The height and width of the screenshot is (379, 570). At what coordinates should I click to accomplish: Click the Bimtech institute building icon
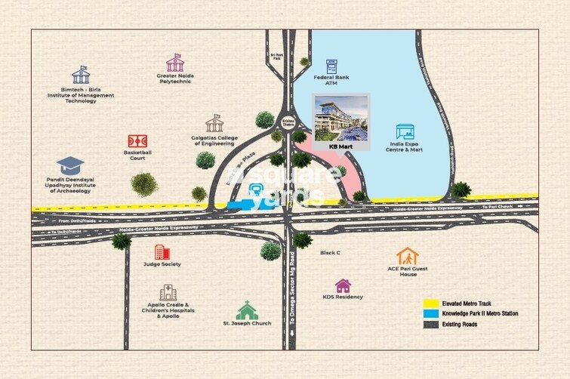pos(80,75)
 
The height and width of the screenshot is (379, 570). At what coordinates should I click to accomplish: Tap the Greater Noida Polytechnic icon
pos(175,62)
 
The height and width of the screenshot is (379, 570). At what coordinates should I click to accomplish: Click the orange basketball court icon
pos(137,140)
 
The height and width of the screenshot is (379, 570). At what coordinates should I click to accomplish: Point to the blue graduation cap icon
pos(71,165)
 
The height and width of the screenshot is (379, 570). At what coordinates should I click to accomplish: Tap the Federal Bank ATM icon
pos(331,66)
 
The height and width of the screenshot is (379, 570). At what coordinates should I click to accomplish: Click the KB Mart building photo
pos(341,117)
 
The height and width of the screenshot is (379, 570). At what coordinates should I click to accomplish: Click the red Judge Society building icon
pos(161,252)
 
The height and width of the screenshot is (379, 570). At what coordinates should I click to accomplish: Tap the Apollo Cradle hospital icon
pos(168,293)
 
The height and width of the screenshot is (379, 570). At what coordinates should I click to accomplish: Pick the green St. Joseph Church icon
pos(247,310)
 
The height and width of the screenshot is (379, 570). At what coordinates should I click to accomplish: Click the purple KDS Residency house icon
pos(344,286)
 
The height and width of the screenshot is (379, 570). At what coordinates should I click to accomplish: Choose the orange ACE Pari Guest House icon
pos(408,257)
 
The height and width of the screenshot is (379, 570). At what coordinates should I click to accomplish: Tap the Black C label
pos(331,253)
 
